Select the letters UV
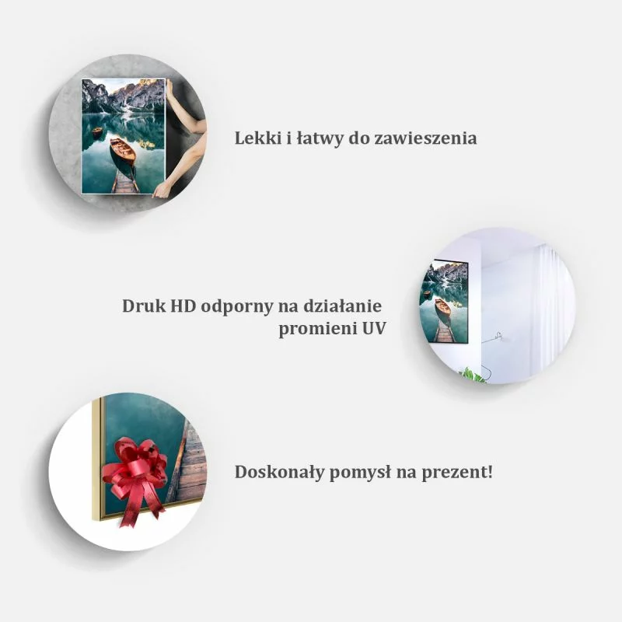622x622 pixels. [372, 328]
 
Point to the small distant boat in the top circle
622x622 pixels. [96, 130]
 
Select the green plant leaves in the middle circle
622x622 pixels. [473, 375]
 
